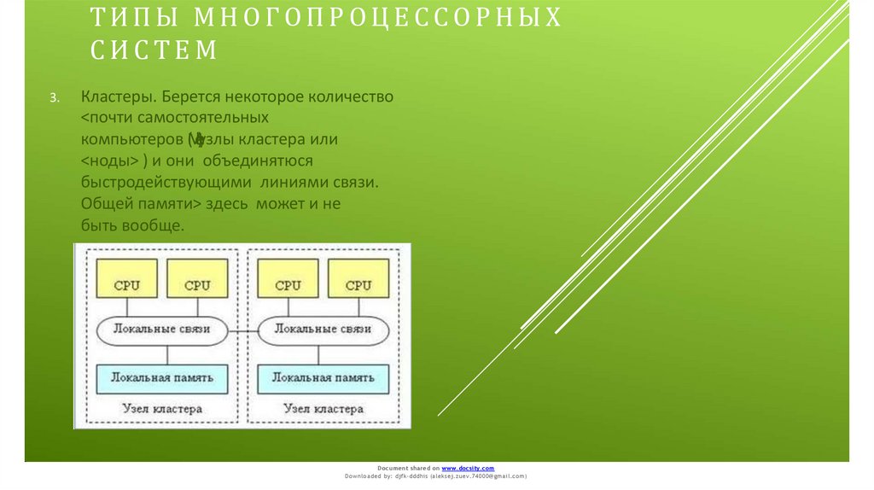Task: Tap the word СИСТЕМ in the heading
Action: [154, 51]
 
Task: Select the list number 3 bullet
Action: [53, 98]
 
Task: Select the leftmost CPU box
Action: [127, 284]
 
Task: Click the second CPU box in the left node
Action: [197, 284]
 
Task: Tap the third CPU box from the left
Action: [288, 284]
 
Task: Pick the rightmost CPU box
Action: [358, 284]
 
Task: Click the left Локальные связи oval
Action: [162, 329]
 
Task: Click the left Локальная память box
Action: [162, 376]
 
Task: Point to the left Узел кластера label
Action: [162, 409]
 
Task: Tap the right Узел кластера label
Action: [323, 409]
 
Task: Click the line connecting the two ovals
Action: [243, 330]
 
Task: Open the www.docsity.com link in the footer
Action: [468, 469]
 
